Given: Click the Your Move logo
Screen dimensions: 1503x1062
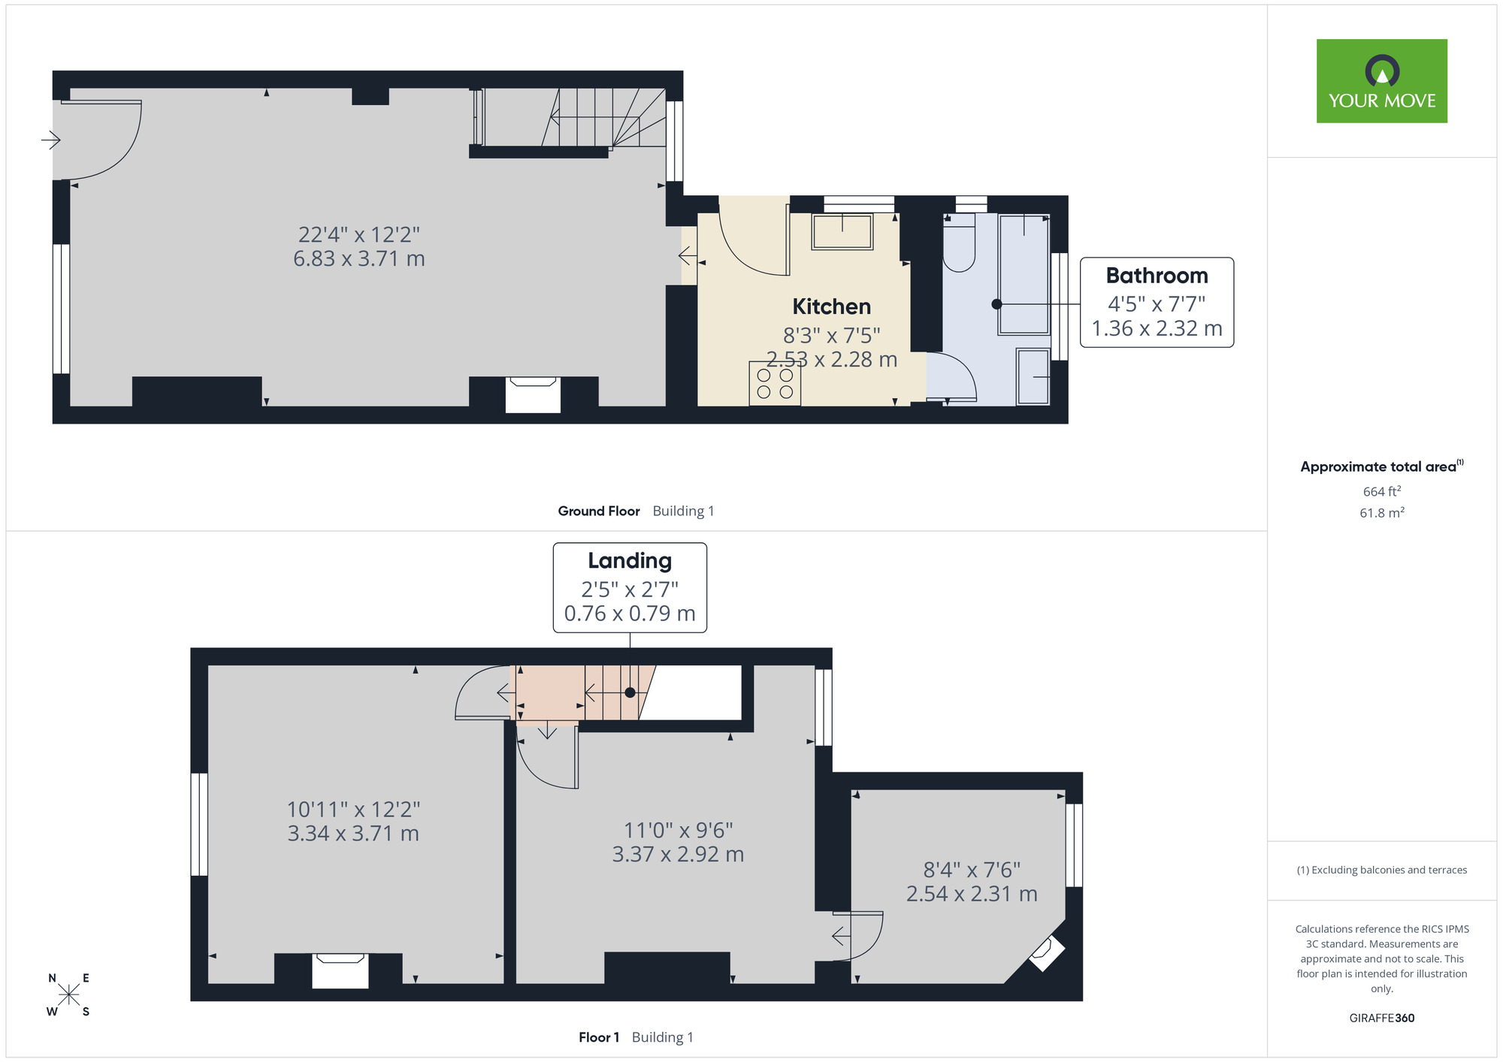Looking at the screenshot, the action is click(x=1381, y=81).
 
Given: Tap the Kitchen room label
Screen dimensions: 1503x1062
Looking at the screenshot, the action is click(x=831, y=306).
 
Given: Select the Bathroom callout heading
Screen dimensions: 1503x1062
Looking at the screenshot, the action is click(x=1157, y=276).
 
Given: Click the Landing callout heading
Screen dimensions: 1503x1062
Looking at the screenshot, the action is click(x=630, y=561).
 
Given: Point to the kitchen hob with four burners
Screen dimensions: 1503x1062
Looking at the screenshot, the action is click(x=775, y=384).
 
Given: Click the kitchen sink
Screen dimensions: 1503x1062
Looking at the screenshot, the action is click(x=842, y=231).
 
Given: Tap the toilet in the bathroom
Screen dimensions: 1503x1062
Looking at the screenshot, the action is click(x=959, y=243).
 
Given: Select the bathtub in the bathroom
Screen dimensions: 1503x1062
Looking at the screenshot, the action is click(x=1024, y=274).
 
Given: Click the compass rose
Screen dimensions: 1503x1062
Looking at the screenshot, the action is click(x=68, y=994).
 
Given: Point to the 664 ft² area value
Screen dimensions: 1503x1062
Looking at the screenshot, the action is click(x=1382, y=491).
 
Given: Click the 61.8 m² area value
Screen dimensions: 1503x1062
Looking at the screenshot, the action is click(x=1382, y=513).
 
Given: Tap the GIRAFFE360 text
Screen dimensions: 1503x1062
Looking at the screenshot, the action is click(x=1381, y=1018).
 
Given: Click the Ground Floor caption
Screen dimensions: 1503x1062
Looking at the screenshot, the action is click(x=598, y=511).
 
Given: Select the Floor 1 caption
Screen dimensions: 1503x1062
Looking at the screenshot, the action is click(x=599, y=1037).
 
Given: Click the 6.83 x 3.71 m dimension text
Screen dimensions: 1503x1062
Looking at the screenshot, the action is click(x=359, y=258).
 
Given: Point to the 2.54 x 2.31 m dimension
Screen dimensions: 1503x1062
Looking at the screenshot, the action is click(x=972, y=894).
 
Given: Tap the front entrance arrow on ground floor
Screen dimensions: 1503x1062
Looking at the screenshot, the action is click(x=50, y=140).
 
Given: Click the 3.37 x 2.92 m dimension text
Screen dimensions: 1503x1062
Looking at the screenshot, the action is click(x=678, y=854).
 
